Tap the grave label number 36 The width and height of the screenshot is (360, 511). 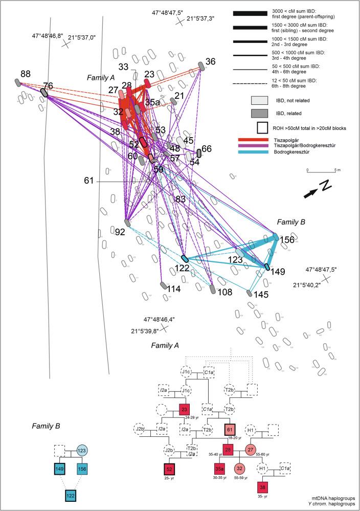tap(210, 62)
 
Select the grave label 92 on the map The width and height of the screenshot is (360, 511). tap(120, 232)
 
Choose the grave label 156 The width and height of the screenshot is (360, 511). tap(288, 239)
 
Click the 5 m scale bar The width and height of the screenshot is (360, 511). tap(321, 171)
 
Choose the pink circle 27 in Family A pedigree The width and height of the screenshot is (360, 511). tap(251, 449)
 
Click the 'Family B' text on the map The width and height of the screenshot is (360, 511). tap(291, 222)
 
